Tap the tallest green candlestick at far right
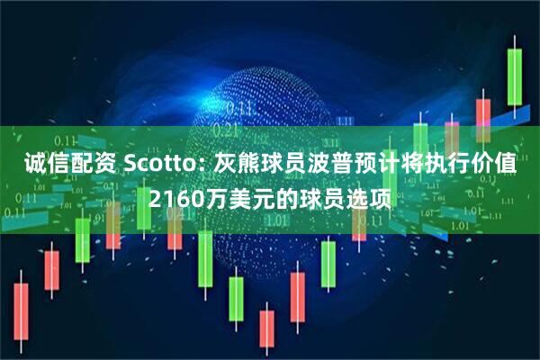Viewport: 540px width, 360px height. (515, 76)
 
